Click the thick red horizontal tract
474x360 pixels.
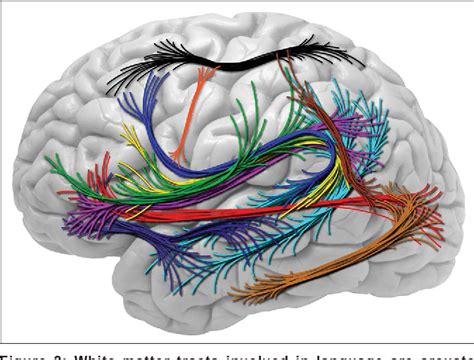(250, 210)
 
